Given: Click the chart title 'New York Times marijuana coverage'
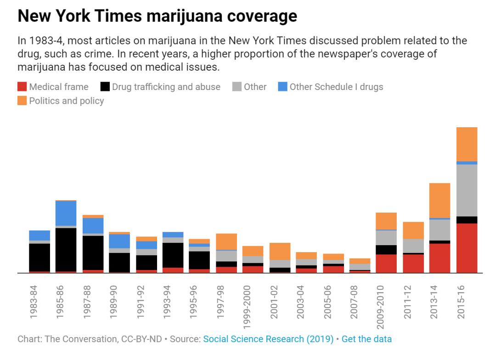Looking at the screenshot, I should (x=157, y=16).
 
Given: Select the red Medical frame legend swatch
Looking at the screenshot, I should (x=22, y=87).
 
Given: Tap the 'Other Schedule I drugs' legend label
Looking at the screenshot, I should (x=336, y=87).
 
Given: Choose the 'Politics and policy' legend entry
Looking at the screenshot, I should (x=66, y=101).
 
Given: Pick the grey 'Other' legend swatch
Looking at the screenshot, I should (x=237, y=87).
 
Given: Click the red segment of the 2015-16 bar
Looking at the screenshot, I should (x=467, y=248).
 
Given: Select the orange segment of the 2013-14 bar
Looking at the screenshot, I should (x=440, y=200).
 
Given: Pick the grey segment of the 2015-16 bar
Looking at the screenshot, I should (x=467, y=190).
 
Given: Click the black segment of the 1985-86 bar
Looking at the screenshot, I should (x=66, y=249).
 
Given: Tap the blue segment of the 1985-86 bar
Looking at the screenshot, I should (x=66, y=213).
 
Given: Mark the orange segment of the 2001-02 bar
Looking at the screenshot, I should (x=280, y=251).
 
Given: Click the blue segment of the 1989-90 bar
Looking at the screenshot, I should (x=119, y=241).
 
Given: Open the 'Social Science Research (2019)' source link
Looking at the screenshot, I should (x=268, y=339).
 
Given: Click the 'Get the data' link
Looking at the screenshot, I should (x=366, y=339).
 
